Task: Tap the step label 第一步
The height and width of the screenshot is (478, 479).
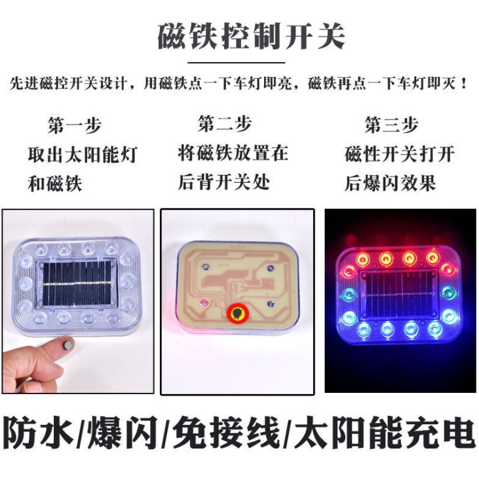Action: pos(74,125)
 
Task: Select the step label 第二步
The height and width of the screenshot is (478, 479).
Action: pos(225,124)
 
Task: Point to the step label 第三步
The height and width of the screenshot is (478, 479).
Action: pos(391,124)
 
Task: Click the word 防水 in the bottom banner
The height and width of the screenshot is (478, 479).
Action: pos(39,433)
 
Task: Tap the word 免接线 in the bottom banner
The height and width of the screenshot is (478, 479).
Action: pos(227,433)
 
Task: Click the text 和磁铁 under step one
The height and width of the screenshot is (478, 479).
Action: pos(55,184)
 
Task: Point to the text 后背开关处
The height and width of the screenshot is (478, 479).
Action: pos(223,182)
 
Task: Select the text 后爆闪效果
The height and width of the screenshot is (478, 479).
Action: pos(390,183)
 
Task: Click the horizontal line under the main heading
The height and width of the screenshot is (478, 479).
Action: pos(236,63)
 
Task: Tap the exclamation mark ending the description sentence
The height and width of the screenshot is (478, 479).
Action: pos(464,83)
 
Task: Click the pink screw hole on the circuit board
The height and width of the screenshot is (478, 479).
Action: pos(204,302)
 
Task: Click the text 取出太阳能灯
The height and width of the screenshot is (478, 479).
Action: pos(83,155)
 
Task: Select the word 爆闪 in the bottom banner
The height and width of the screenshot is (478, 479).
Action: pos(122,433)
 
